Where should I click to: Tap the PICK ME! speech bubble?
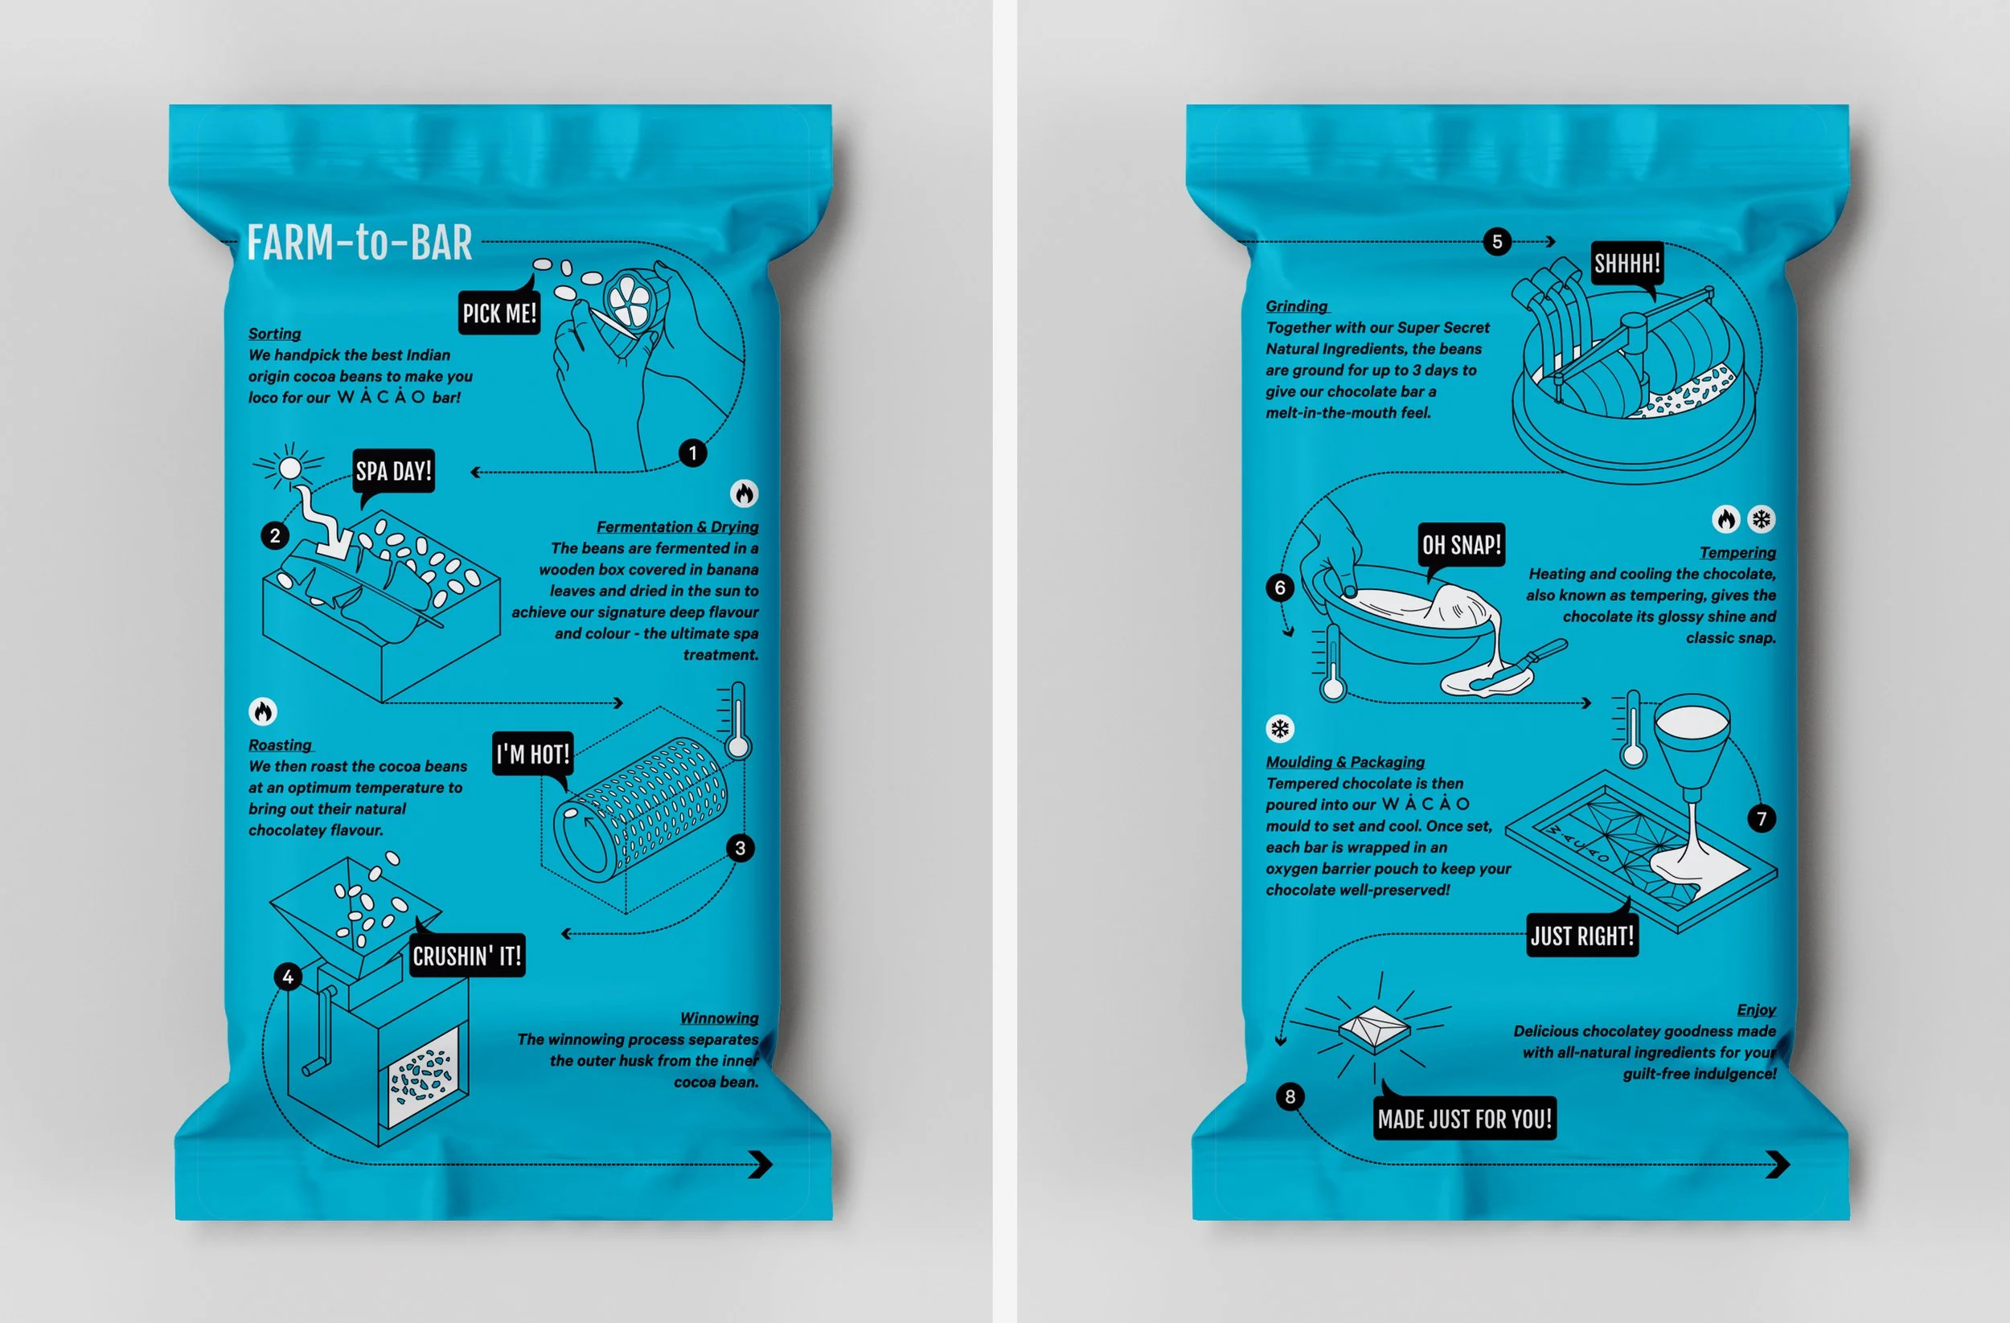click(499, 313)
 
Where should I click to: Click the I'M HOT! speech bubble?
click(533, 754)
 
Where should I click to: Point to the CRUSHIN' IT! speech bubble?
click(467, 955)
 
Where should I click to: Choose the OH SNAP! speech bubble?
click(1461, 546)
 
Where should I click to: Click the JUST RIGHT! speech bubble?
click(1582, 935)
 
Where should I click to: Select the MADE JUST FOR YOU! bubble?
click(1464, 1118)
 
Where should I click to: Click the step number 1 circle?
click(692, 453)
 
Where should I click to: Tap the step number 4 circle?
click(288, 977)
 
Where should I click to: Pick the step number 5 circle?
click(1497, 241)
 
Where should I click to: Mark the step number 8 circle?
click(1290, 1096)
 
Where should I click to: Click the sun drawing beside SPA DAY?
click(289, 467)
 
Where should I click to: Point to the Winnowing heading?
click(720, 1018)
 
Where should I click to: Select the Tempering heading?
click(1737, 552)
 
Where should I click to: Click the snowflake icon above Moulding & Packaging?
click(1280, 729)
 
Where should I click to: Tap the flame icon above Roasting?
click(263, 711)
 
